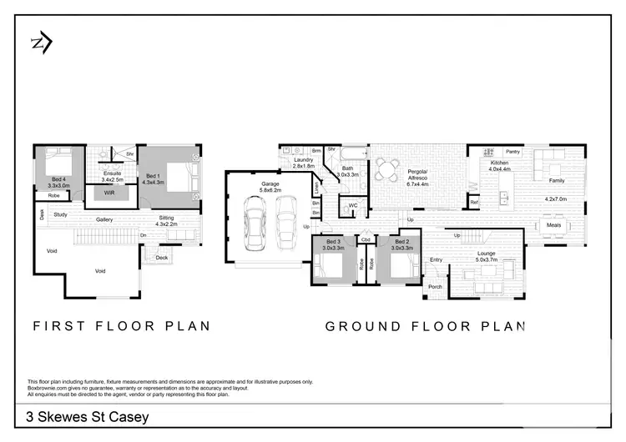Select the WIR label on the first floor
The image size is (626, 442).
109,193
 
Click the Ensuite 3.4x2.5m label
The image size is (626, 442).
112,176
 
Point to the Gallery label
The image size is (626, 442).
104,219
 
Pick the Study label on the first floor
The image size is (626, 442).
60,214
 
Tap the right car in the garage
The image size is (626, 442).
285,224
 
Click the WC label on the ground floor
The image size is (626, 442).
353,204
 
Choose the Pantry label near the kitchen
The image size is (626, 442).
512,152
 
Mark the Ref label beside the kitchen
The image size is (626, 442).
473,203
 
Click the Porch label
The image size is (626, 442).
435,287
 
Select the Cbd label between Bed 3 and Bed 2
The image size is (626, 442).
366,239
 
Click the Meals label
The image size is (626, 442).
553,224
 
